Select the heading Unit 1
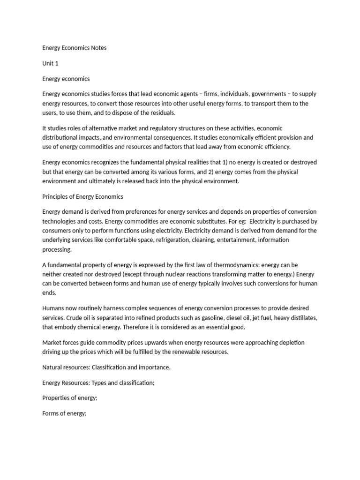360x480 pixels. click(50, 63)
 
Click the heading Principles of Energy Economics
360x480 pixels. click(82, 196)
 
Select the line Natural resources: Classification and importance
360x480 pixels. click(106, 367)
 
